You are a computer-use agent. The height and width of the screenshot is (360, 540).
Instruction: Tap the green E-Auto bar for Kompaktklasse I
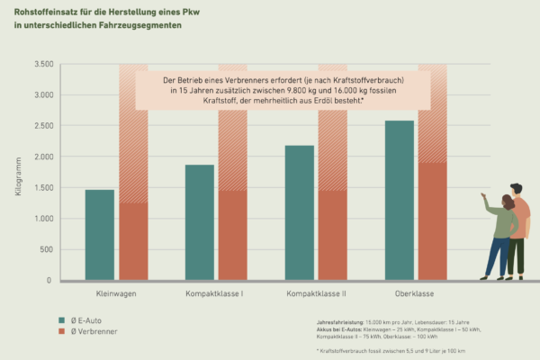click(200, 222)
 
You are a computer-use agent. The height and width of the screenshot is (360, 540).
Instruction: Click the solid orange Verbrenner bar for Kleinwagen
click(133, 241)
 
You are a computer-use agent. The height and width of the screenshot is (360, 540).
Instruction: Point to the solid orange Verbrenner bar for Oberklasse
click(432, 221)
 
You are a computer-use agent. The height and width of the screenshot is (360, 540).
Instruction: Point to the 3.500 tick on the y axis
click(42, 64)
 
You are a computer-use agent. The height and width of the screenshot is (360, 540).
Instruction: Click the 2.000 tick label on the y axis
click(42, 157)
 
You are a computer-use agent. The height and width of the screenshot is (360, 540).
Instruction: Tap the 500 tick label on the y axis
click(46, 249)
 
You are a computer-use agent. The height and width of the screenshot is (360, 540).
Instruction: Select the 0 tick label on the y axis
click(50, 281)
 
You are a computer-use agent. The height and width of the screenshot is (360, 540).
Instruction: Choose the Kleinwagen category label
click(116, 295)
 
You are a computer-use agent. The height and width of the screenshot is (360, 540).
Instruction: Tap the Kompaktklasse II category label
click(316, 295)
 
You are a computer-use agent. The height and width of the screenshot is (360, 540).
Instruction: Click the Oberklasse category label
click(416, 295)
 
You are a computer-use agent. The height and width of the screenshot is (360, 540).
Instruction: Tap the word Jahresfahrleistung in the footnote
click(333, 321)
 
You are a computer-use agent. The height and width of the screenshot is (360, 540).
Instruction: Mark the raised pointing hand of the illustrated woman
click(483, 195)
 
